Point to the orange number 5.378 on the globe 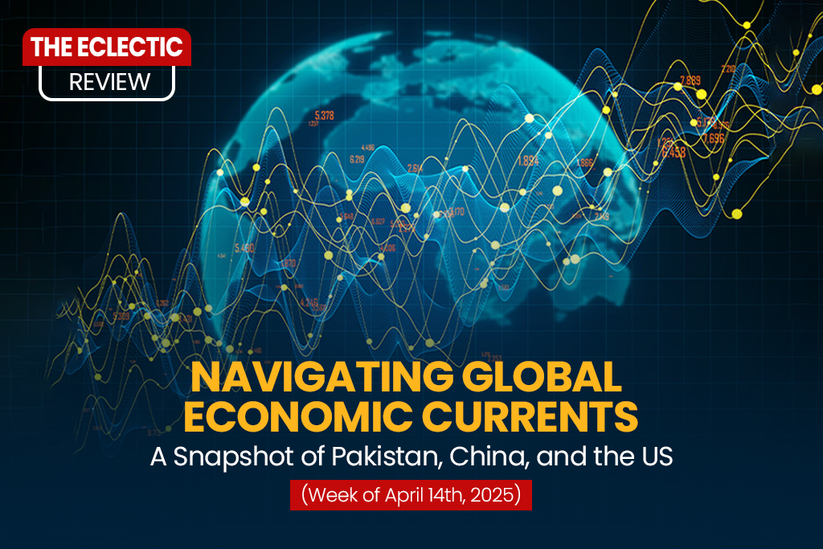(326, 115)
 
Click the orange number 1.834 (528, 160)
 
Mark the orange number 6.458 (673, 153)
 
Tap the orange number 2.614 (415, 168)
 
